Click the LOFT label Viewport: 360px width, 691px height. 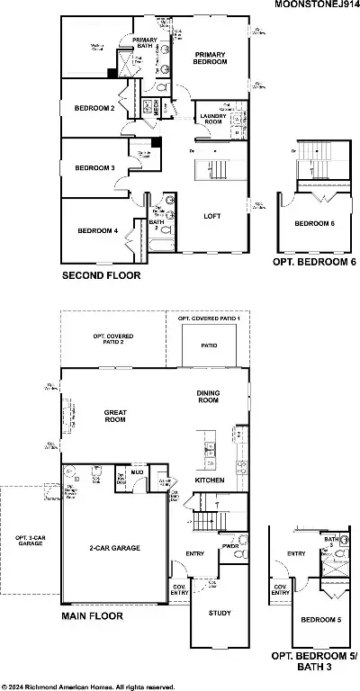pyautogui.click(x=212, y=216)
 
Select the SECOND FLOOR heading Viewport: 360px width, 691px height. pyautogui.click(x=100, y=276)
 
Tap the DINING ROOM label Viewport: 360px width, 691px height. pyautogui.click(x=208, y=396)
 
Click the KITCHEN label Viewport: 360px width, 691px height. pyautogui.click(x=210, y=480)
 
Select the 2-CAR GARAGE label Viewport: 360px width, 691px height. pyautogui.click(x=115, y=548)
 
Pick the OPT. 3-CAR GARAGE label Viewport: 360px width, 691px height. pyautogui.click(x=30, y=542)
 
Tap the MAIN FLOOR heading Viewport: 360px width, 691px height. pyautogui.click(x=92, y=617)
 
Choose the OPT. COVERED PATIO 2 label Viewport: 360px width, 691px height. pyautogui.click(x=112, y=339)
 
